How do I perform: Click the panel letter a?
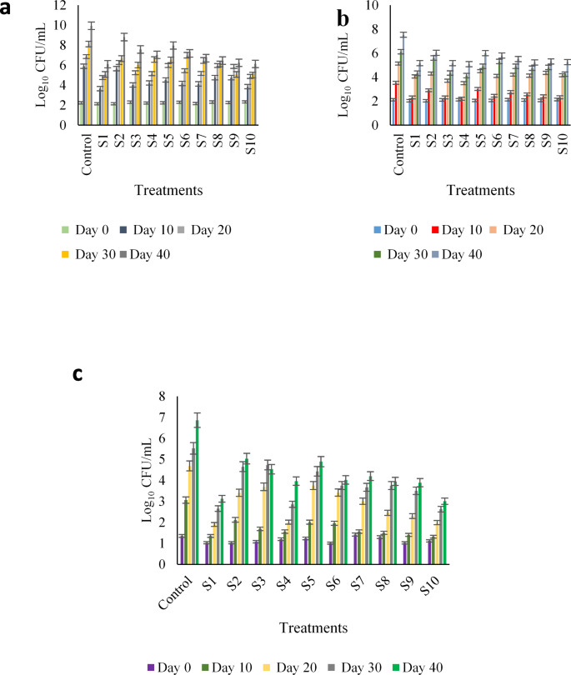tap(7, 15)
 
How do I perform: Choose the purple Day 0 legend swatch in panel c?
tap(151, 667)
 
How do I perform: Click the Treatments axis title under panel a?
tap(169, 190)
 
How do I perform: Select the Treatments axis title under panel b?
tap(481, 190)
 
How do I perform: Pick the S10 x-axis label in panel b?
tap(563, 143)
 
